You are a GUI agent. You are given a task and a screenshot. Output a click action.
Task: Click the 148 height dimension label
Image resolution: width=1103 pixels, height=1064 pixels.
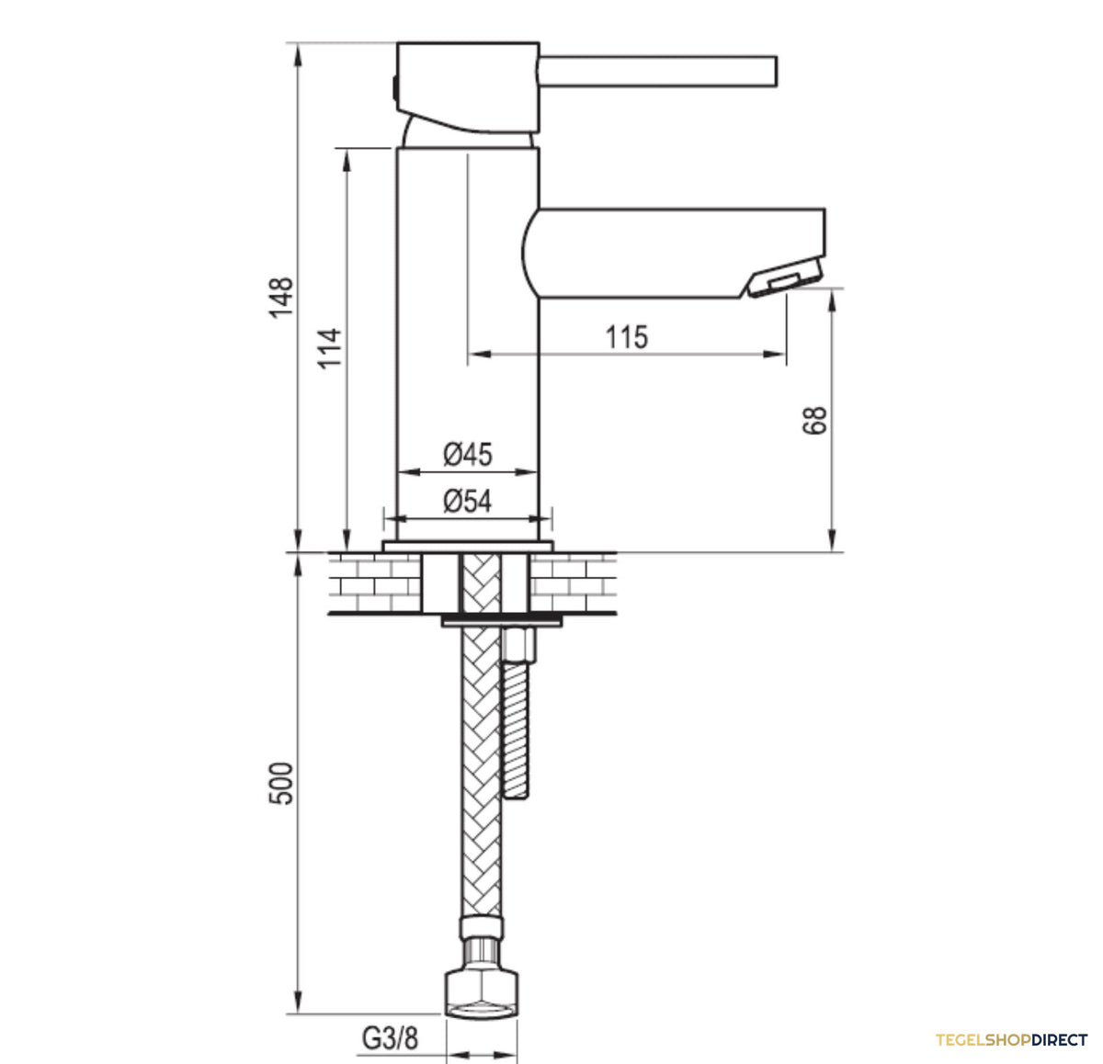point(281,298)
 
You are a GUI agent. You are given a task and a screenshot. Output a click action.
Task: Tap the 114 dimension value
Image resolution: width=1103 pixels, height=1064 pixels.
point(329,348)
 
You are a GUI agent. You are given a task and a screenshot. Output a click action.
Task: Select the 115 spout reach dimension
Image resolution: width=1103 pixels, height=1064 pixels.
point(627,337)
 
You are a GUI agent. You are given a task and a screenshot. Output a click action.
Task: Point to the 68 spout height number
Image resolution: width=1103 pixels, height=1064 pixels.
point(814,420)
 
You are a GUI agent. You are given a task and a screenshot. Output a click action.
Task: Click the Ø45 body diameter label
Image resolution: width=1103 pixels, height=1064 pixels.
point(468,455)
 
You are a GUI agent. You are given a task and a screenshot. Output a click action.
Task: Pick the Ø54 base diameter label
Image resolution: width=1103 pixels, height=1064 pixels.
point(468,501)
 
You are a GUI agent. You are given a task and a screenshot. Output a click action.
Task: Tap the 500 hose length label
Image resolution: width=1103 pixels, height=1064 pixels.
point(281,784)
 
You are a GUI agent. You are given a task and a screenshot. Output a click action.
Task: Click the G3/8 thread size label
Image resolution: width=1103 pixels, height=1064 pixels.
point(390,1038)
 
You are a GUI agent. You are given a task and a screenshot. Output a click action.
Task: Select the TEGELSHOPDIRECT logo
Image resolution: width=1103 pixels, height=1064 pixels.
point(1011,1039)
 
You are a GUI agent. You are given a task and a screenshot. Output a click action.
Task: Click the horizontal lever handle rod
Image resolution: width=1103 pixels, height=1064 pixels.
point(657,72)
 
